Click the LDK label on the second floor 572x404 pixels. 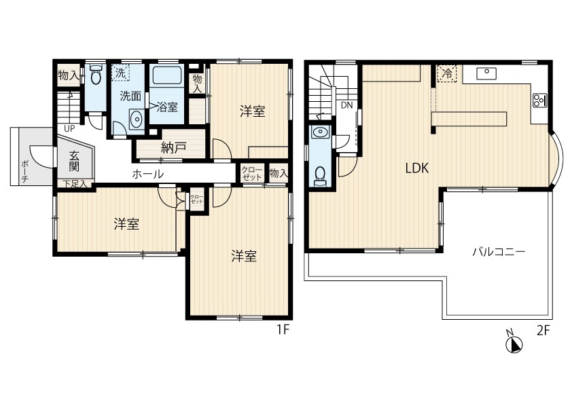coord(417,168)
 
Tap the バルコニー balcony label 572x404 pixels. coord(499,252)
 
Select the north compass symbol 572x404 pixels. coord(514,344)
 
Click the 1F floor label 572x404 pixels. coord(283,329)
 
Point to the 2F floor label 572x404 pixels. coord(543,331)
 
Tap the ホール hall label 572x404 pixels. coord(147,174)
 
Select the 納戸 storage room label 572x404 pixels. coord(174,147)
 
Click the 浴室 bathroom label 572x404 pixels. coord(167,107)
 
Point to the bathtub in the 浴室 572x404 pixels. coord(167,75)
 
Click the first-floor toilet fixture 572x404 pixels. coord(95,75)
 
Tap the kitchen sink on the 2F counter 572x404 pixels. coord(487,73)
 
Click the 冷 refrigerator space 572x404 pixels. coord(447,73)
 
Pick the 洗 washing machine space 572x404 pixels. coord(120,73)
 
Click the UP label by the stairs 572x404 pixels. coord(69,128)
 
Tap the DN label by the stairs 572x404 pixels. coord(347,105)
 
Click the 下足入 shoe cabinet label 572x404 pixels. coord(76,184)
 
